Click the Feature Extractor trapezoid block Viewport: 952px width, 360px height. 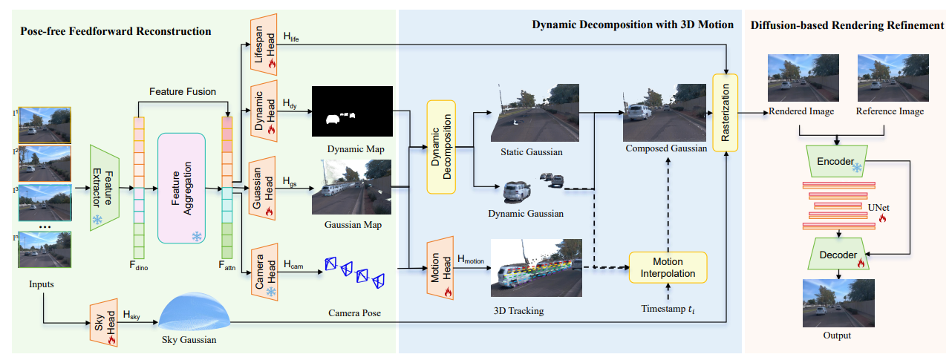pos(105,188)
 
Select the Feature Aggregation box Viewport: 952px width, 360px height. pos(181,188)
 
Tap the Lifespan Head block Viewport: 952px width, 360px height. pos(264,45)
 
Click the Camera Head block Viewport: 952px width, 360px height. pos(264,272)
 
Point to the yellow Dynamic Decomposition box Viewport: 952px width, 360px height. pos(441,147)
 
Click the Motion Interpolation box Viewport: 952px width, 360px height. pos(668,267)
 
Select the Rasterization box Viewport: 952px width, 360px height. pos(725,113)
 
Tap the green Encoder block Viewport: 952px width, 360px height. pos(837,162)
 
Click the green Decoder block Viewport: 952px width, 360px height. pos(838,254)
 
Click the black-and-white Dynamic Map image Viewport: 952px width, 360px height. pos(352,111)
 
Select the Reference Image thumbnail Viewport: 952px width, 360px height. pos(893,78)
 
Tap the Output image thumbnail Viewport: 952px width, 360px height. pos(838,303)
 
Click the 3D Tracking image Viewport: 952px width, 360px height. pos(536,268)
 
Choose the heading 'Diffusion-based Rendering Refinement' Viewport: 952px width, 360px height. pos(847,25)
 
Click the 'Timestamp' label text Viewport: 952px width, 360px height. pos(663,309)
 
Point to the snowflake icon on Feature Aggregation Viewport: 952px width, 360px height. pos(197,236)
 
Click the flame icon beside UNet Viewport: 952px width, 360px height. pos(882,218)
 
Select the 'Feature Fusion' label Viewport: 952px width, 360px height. pos(183,91)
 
